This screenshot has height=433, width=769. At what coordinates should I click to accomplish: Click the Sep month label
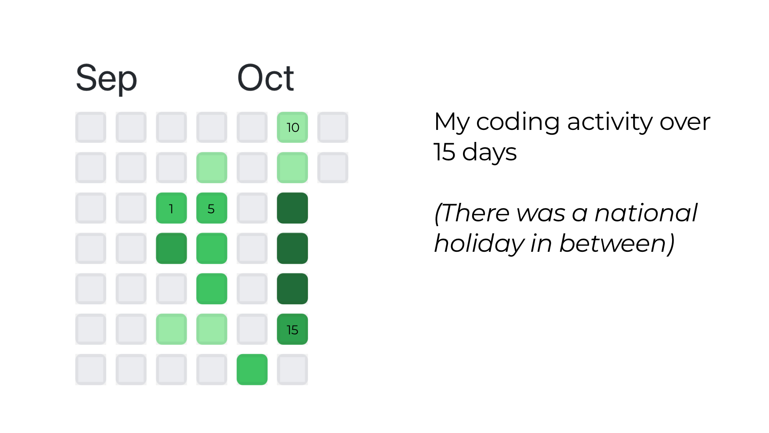tap(106, 79)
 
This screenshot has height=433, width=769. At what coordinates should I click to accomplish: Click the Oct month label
tap(266, 78)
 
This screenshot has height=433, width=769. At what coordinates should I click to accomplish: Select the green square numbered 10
tap(292, 127)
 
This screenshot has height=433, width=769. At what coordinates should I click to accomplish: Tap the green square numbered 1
tap(171, 208)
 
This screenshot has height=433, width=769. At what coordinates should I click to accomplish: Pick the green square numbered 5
tap(211, 208)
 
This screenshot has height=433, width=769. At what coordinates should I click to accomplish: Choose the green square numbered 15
tap(292, 329)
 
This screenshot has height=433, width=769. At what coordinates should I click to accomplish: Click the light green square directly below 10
tap(292, 168)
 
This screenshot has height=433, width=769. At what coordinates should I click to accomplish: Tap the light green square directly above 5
tap(211, 168)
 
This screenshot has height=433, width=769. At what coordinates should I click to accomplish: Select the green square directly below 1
tap(171, 249)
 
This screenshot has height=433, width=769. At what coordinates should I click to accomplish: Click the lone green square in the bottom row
tap(252, 370)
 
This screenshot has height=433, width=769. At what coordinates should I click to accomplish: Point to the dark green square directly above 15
tap(292, 289)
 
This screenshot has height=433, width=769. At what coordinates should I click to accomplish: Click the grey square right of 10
tap(333, 127)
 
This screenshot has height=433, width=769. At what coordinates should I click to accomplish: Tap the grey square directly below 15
tap(292, 370)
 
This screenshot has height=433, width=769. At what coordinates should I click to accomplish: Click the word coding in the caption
tap(517, 122)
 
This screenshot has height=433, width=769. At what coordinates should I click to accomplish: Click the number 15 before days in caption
tap(445, 152)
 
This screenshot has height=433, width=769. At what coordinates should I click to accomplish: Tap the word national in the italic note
tap(646, 213)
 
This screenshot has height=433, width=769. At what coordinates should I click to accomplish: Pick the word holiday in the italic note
tap(479, 243)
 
